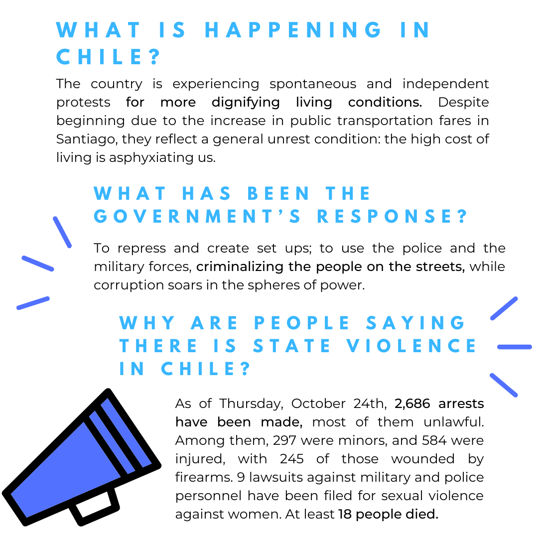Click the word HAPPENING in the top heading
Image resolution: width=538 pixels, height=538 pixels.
click(x=293, y=30)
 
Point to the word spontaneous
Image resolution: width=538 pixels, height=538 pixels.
click(x=312, y=84)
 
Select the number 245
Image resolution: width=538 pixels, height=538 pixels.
click(x=292, y=459)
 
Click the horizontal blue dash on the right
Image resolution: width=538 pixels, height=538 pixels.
click(x=515, y=347)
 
